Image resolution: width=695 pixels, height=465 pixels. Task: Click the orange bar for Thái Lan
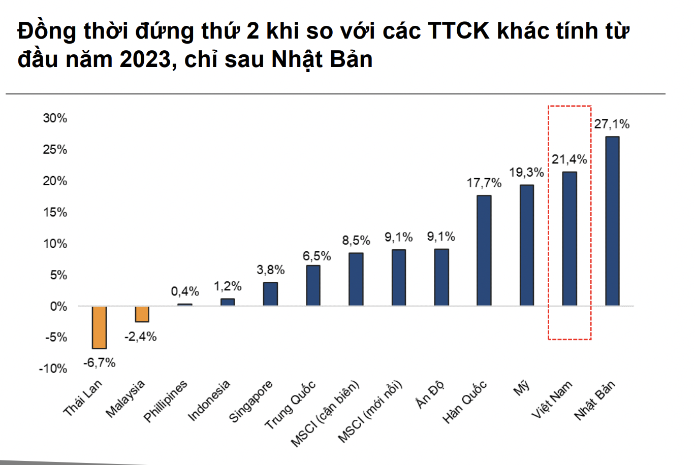coord(99,327)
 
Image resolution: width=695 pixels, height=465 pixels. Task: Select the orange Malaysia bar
coord(142,314)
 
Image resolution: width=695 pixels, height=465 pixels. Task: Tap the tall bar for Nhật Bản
coord(612,221)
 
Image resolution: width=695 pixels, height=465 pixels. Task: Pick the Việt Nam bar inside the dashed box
coord(570,239)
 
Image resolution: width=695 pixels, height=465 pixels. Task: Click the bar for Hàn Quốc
coord(484,250)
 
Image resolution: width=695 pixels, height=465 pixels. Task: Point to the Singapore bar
coord(270,294)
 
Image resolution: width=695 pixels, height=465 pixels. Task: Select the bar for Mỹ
coord(527,245)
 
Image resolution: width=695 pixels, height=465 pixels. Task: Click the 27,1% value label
coord(612,124)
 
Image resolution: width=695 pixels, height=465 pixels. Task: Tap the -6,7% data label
coord(100,362)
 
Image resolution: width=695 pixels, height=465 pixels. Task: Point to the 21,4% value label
coord(570,159)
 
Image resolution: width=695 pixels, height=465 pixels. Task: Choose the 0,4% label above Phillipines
coord(185,291)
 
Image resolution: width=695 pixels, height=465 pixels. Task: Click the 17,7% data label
coord(484,183)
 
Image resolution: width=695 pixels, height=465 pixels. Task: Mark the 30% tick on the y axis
coord(55,118)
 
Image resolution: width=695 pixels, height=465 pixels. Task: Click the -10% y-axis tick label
coord(53,369)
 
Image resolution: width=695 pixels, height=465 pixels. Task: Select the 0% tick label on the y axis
coord(57,306)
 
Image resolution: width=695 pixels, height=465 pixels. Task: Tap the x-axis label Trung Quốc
coord(291,405)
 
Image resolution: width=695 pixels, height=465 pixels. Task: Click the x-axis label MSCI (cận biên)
coord(325,413)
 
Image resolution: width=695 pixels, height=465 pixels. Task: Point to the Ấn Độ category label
coord(430,394)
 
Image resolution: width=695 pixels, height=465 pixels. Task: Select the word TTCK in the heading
coord(459,31)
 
